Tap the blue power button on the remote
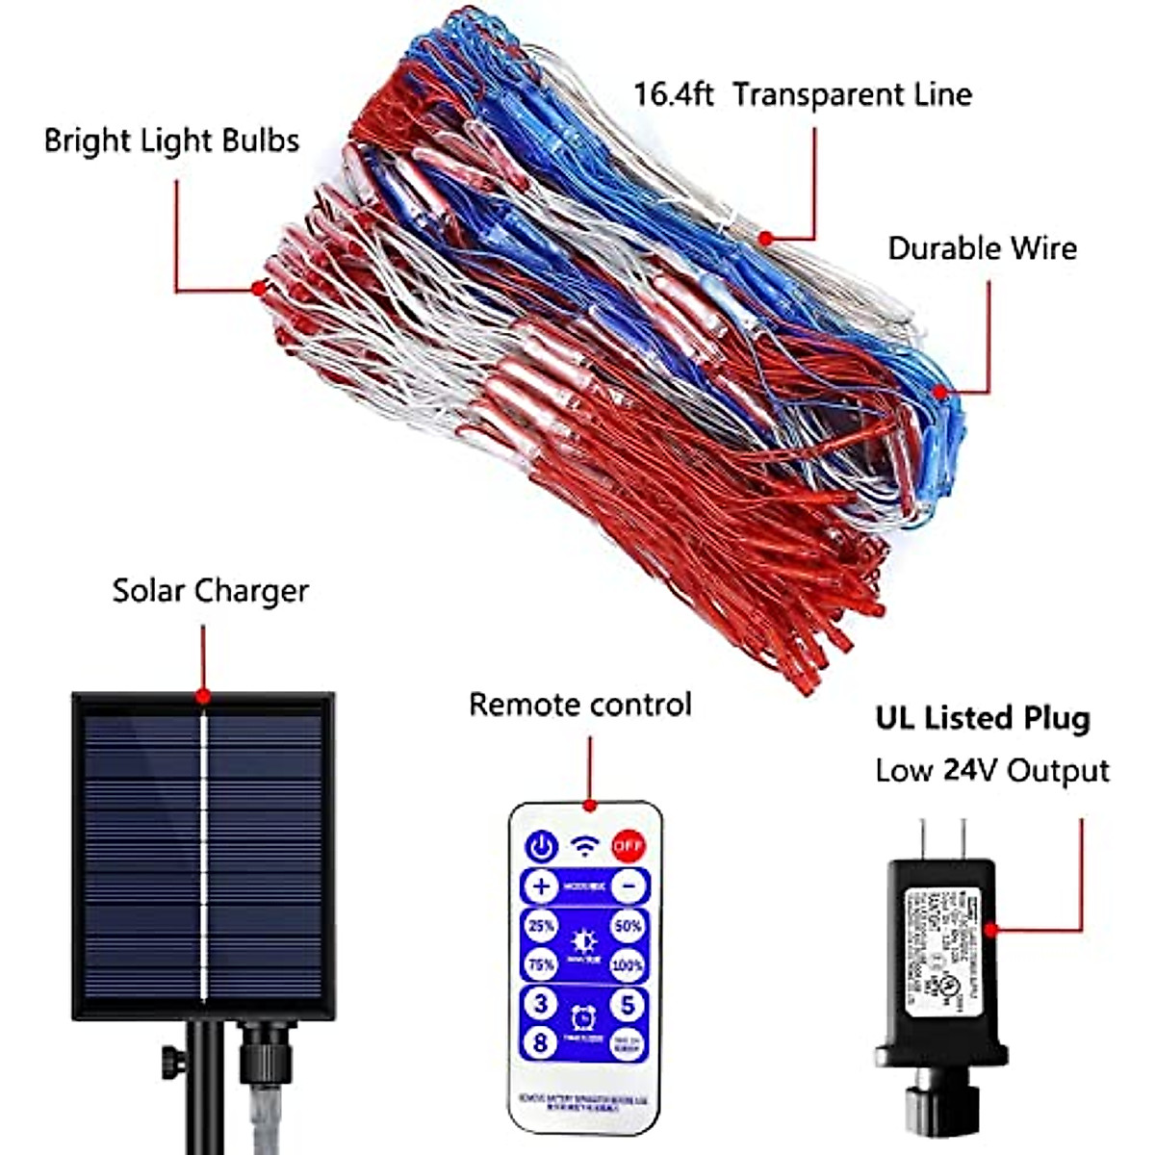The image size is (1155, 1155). (542, 847)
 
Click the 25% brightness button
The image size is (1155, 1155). (541, 926)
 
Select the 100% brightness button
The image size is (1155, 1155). (628, 964)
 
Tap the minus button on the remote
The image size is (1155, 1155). (629, 885)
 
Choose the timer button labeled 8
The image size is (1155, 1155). (540, 1041)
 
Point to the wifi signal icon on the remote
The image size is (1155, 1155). (584, 846)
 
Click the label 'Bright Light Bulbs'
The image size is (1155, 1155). (171, 141)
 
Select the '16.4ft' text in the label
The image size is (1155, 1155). (673, 94)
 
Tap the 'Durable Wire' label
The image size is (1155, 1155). (982, 248)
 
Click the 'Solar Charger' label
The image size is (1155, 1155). (210, 590)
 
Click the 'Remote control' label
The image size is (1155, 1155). (579, 705)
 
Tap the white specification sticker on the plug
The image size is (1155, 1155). (938, 947)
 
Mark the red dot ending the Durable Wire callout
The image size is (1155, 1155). (940, 392)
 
